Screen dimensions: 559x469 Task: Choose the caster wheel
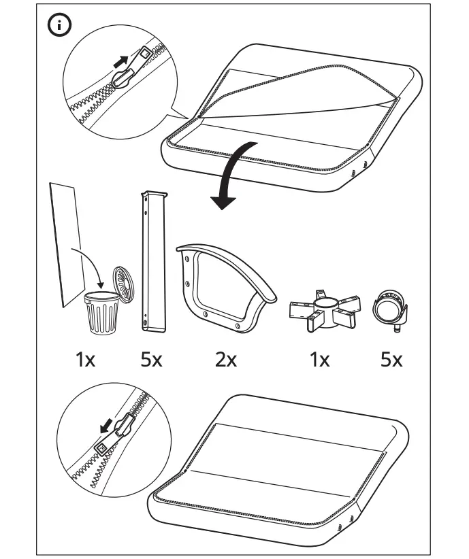click(x=391, y=311)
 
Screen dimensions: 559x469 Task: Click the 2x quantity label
click(x=225, y=359)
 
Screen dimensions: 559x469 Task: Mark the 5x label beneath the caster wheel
click(x=391, y=359)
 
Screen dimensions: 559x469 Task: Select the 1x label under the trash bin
click(x=86, y=359)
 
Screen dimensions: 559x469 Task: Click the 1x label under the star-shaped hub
click(x=319, y=359)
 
